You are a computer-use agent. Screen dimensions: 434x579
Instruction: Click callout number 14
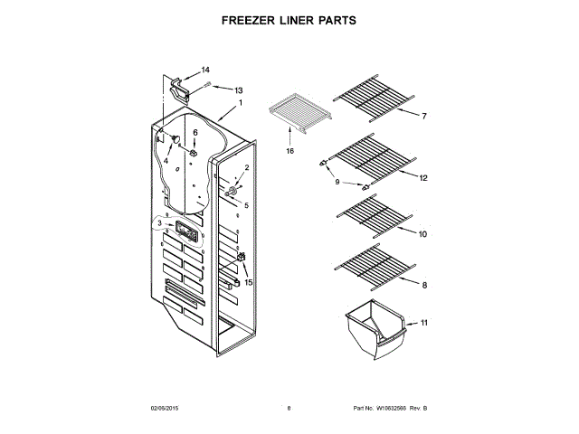(205, 70)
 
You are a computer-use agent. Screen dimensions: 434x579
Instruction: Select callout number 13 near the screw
(240, 90)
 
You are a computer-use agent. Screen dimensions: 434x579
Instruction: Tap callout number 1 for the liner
(241, 103)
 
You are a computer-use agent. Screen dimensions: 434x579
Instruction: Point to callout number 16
(290, 151)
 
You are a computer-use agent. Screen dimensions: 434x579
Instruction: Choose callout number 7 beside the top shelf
(423, 117)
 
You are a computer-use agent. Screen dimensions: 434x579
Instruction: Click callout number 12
(422, 178)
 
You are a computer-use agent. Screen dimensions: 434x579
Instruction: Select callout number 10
(422, 233)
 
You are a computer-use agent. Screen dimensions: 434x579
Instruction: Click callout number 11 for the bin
(424, 323)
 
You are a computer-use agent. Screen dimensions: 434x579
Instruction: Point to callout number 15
(249, 282)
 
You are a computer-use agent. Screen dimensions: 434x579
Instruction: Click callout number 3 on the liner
(160, 222)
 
